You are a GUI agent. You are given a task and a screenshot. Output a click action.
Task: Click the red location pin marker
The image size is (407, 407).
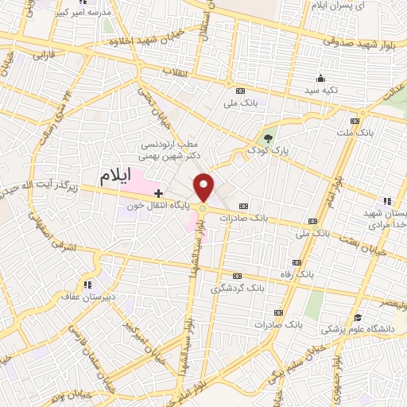point(204,186)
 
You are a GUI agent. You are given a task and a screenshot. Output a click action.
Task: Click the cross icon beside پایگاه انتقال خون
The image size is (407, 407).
point(158,192)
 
